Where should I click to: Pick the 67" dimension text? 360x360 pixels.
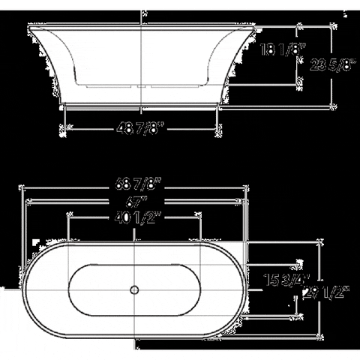pos(135,201)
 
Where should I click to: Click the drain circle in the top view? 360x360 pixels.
pos(135,288)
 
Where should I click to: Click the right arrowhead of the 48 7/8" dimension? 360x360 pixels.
pos(217,127)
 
